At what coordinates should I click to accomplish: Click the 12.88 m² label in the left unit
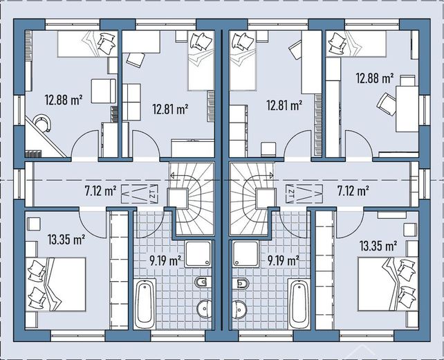(x=64, y=100)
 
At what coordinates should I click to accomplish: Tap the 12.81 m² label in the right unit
(x=284, y=105)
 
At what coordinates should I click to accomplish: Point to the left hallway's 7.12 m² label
(x=100, y=191)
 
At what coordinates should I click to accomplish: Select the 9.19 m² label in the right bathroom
(x=284, y=260)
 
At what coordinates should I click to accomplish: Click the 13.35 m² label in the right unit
(x=378, y=246)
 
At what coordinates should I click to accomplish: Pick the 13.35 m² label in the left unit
(x=66, y=240)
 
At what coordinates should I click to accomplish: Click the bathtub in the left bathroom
(x=145, y=304)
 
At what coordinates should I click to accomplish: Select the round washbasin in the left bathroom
(x=204, y=309)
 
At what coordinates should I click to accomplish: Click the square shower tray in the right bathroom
(x=246, y=254)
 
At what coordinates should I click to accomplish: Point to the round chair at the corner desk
(x=42, y=123)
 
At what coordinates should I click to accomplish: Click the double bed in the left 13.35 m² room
(x=55, y=285)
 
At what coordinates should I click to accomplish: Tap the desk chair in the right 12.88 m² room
(x=387, y=105)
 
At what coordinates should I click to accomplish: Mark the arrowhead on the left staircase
(x=172, y=176)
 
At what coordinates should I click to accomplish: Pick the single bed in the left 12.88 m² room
(x=88, y=44)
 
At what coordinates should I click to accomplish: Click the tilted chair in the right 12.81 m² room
(x=295, y=50)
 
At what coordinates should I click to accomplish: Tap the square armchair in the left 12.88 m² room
(x=103, y=91)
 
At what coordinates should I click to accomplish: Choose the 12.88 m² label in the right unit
(x=375, y=78)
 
